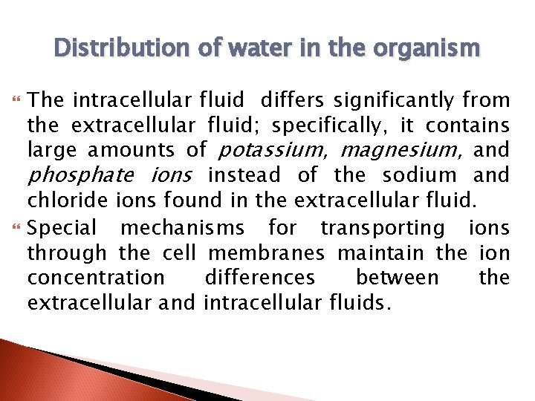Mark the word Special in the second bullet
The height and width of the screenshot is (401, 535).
tap(62, 227)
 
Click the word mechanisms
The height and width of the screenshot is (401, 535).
tap(181, 227)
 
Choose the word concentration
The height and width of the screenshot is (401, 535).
tap(96, 278)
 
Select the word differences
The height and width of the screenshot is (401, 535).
tap(259, 278)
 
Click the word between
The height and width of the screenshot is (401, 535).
tap(398, 278)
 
